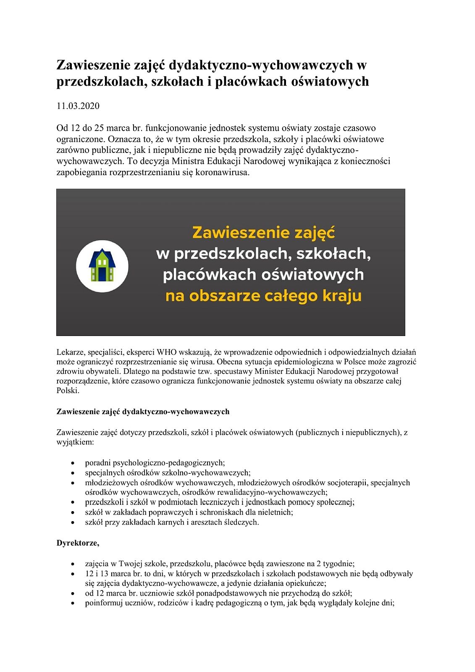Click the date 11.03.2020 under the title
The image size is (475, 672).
(x=78, y=106)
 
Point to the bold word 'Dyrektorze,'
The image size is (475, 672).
(x=78, y=543)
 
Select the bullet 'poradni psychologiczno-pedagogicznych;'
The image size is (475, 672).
(x=155, y=463)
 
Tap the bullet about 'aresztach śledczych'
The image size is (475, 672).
(x=172, y=522)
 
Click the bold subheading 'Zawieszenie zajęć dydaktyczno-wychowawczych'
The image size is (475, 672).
(x=143, y=412)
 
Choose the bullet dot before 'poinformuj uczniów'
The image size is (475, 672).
(x=73, y=604)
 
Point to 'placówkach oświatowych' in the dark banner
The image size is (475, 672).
(x=263, y=275)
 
